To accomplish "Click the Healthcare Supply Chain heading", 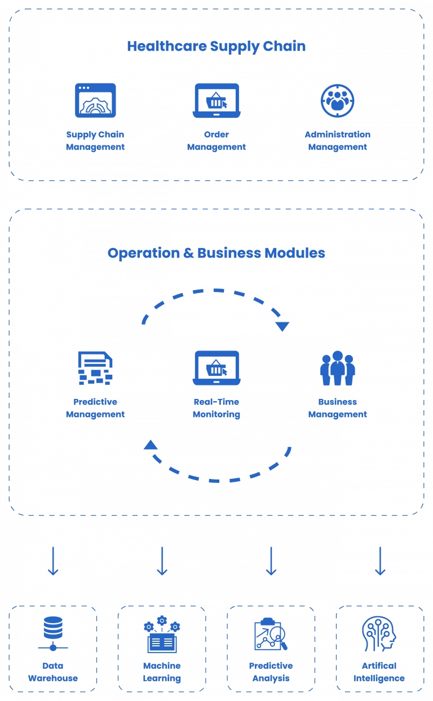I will coord(216,46).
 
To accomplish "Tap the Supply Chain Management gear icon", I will coord(95,100).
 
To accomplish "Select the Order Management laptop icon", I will coord(216,100).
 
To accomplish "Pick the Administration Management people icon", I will coord(337,100).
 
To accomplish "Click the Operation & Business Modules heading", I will coord(216,253).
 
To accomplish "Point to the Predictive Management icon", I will coord(95,368).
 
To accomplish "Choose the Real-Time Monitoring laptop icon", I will coord(216,368).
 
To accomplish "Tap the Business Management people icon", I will coord(337,368).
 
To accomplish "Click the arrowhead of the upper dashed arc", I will coord(282,326).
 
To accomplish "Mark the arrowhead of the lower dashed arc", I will coord(151,445).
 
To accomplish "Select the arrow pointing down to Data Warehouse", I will coord(53,561).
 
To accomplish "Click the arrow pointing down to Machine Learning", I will coord(162,561).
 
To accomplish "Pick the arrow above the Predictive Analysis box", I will coord(271,561).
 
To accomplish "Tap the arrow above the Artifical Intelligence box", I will coord(380,561).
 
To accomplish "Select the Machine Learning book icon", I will coord(162,635).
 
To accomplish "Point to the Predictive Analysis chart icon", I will coord(271,635).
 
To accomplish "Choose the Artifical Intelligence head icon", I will coord(379,634).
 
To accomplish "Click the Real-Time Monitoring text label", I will coord(216,408).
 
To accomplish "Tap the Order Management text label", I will coord(216,141).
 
